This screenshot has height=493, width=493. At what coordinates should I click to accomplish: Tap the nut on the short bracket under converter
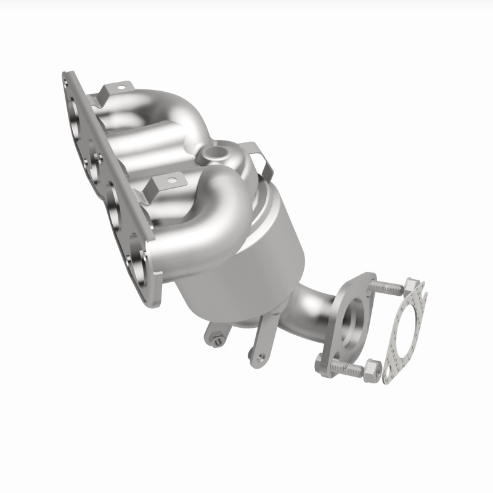(216, 337)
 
